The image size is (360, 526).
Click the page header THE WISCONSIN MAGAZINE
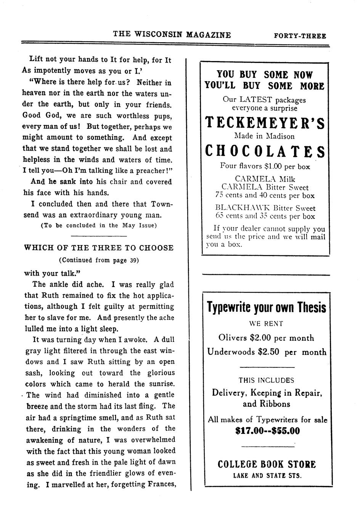click(172, 35)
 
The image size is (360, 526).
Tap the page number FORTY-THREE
click(300, 36)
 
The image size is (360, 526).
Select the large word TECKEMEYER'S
click(265, 123)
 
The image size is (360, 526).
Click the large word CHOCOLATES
click(265, 151)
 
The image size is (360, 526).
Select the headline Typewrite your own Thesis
click(267, 307)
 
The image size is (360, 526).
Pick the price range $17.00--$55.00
click(267, 431)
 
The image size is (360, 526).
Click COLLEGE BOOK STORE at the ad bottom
click(267, 464)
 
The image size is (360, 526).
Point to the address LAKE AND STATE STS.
click(267, 475)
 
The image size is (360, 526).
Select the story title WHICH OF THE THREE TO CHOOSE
click(99, 248)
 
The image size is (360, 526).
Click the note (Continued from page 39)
click(99, 260)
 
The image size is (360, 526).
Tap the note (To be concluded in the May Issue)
click(99, 225)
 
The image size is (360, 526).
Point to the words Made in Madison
click(264, 136)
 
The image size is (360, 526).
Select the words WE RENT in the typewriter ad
click(266, 324)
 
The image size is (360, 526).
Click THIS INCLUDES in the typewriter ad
click(266, 380)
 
